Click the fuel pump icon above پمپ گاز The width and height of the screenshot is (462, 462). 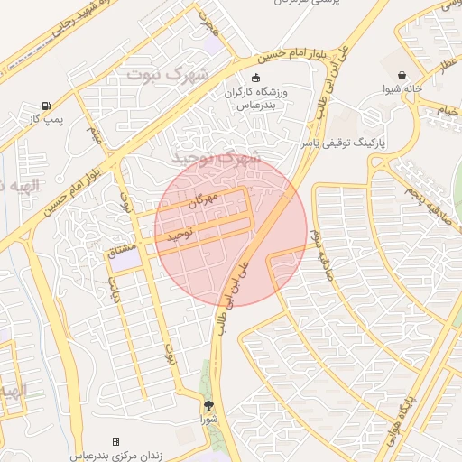(46, 105)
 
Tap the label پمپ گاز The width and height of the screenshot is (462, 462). (45, 119)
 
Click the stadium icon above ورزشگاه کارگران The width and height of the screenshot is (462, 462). (256, 79)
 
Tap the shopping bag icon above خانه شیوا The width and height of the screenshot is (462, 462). (402, 76)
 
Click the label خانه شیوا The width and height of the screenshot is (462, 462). (402, 89)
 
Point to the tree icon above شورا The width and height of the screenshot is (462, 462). (210, 405)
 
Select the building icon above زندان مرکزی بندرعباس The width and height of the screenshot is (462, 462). (115, 440)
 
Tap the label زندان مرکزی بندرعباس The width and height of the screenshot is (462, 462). (115, 454)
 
